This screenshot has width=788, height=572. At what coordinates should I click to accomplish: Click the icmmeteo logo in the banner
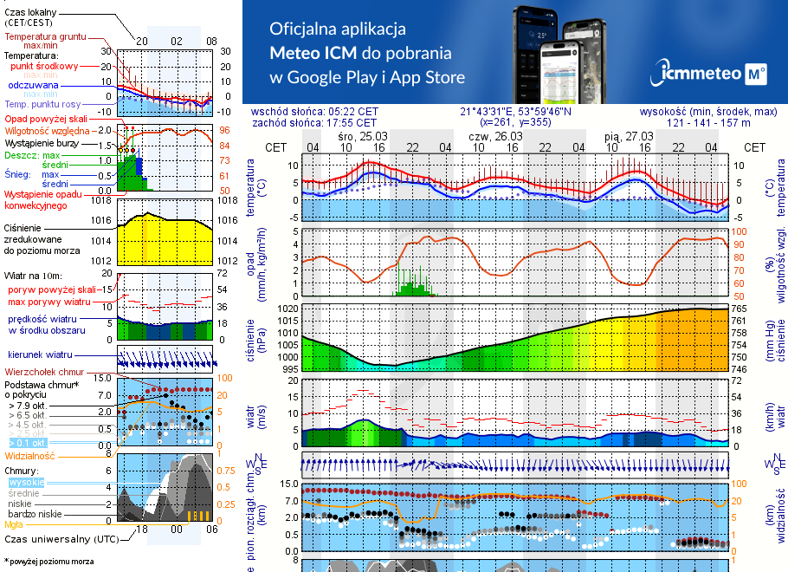[x=711, y=73]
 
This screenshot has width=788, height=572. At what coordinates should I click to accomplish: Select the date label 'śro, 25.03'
[x=362, y=136]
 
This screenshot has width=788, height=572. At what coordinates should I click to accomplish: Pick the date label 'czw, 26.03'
[x=495, y=136]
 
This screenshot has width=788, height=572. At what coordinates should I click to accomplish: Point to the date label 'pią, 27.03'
[x=629, y=136]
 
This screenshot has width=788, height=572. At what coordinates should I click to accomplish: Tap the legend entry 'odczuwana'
[x=34, y=85]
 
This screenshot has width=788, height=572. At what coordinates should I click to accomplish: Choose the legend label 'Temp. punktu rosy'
[x=42, y=104]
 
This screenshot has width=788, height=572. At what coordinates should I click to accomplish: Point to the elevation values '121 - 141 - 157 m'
[x=709, y=123]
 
